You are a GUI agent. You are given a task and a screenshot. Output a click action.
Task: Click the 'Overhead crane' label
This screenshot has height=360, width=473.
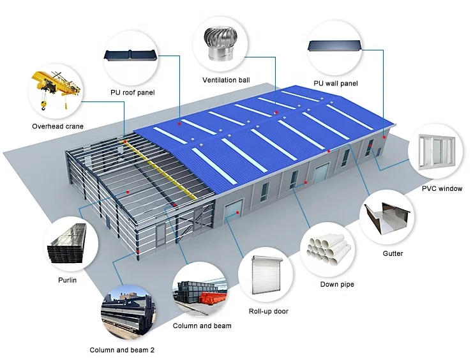[x=57, y=126]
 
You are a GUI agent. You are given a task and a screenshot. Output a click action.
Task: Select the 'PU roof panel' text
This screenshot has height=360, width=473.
[x=133, y=93]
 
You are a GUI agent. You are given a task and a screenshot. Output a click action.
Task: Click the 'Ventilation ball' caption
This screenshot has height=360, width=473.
[x=226, y=80]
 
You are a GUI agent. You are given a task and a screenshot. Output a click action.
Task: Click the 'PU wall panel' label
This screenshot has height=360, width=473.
[x=336, y=84]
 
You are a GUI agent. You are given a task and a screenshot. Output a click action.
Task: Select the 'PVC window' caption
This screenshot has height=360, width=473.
[x=441, y=188]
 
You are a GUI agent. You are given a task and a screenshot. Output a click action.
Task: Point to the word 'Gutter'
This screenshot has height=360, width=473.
[x=393, y=253]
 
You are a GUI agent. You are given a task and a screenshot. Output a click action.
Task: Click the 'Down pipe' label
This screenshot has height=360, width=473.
[x=337, y=284]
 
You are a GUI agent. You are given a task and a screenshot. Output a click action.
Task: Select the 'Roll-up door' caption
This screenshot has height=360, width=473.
[x=268, y=311]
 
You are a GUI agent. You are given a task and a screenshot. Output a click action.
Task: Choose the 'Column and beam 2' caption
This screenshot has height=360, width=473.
[x=122, y=350]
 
